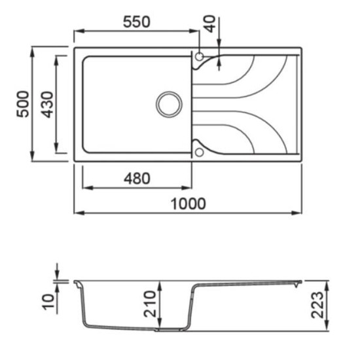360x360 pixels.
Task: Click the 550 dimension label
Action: tap(137, 22)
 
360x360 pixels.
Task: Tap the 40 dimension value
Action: tap(210, 24)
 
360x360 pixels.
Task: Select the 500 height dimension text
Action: tap(23, 105)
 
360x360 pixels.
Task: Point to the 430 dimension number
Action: tap(47, 105)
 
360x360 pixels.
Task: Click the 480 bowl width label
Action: tap(137, 179)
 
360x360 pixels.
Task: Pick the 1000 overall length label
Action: tap(189, 204)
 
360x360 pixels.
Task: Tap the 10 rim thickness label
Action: tap(48, 302)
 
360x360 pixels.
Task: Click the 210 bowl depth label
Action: tap(150, 304)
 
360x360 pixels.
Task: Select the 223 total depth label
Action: tap(317, 305)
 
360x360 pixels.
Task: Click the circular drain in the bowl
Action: tap(170, 105)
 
